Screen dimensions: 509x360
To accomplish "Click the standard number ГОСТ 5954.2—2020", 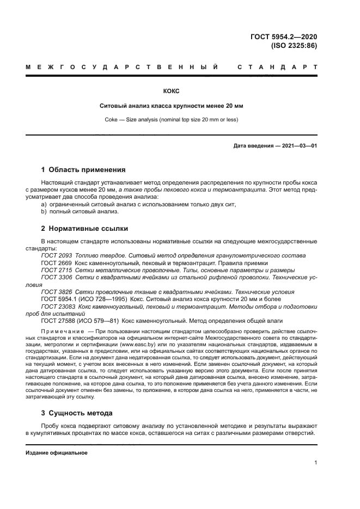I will [283, 37].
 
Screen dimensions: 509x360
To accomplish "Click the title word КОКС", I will [171, 91].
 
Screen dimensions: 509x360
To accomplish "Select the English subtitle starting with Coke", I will [171, 119].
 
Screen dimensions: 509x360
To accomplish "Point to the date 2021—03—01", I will [297, 146].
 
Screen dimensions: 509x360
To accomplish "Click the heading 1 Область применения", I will [83, 169].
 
